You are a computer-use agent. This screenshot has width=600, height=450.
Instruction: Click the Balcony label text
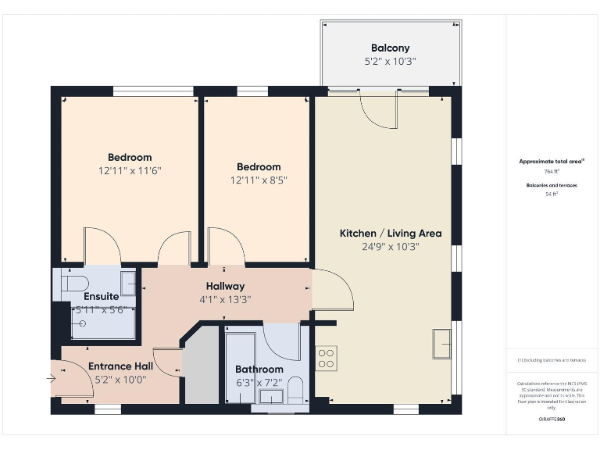[x=390, y=48]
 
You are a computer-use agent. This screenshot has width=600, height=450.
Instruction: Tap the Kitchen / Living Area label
[x=390, y=233]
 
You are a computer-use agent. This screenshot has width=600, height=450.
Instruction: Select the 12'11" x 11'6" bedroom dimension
[x=130, y=170]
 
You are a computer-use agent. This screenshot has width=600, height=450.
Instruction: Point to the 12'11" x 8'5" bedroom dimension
[x=259, y=180]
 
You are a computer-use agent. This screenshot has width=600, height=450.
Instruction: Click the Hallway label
[x=225, y=286]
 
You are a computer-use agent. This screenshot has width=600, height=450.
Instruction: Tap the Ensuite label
[x=102, y=296]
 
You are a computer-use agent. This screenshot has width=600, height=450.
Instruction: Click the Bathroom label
[x=259, y=369]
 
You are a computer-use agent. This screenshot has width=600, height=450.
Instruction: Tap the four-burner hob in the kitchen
[x=326, y=358]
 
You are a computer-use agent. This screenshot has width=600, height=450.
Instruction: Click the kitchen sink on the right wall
[x=441, y=342]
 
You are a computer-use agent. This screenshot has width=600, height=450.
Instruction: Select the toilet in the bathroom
[x=295, y=388]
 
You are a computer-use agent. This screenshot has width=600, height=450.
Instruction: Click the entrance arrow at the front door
[x=52, y=379]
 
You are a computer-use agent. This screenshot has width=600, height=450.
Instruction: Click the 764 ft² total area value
[x=552, y=170]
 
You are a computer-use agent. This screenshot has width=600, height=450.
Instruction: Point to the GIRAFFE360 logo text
[x=552, y=420]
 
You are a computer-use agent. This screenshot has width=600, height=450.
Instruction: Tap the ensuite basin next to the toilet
[x=127, y=283]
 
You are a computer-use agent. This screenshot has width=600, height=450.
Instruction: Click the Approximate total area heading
[x=551, y=161]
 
